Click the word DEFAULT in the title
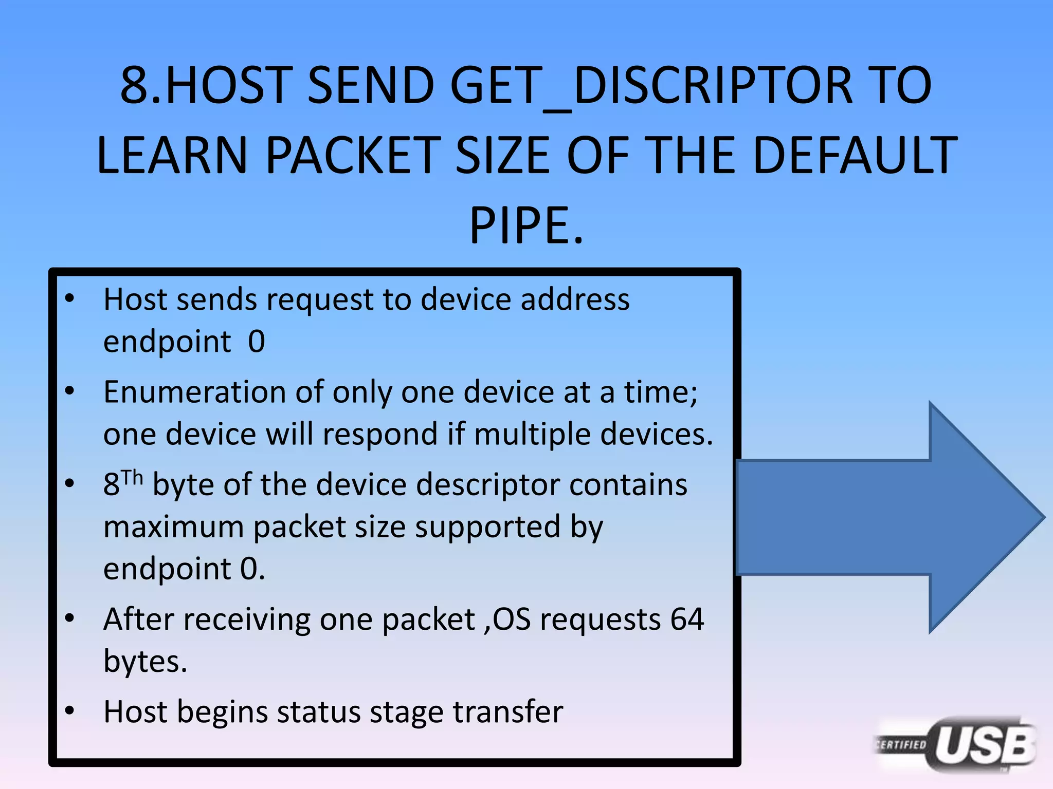click(x=854, y=155)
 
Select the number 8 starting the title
click(x=134, y=85)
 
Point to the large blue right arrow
click(x=889, y=517)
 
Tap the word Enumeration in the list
click(x=194, y=392)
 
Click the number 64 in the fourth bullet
click(x=686, y=619)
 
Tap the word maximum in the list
click(x=173, y=527)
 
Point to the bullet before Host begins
click(x=70, y=711)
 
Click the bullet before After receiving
click(x=70, y=618)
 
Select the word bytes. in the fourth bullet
click(x=145, y=662)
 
